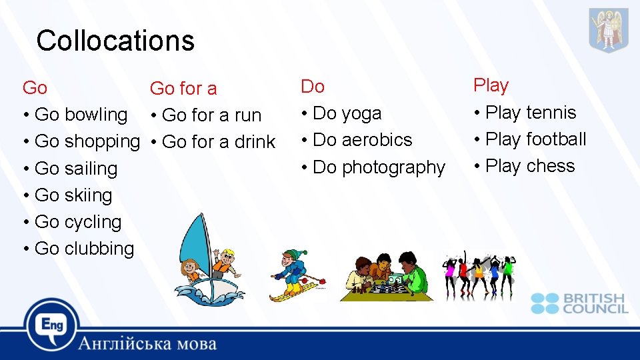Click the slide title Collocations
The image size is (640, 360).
coord(115,41)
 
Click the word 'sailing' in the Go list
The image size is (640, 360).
coord(91,169)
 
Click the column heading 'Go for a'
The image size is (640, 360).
coord(183,88)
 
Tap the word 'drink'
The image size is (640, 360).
coord(255,142)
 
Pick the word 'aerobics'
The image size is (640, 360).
coord(377,140)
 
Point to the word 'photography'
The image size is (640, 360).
coord(393,167)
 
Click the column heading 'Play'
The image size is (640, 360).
coord(491,85)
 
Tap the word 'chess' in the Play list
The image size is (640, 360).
coord(550,166)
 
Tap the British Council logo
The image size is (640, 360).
coord(579,303)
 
